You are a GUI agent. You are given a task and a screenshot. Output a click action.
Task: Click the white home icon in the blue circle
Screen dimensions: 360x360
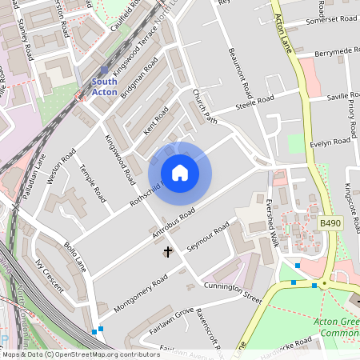tap(180, 173)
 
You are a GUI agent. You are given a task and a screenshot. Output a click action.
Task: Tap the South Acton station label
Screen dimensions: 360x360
tap(104, 86)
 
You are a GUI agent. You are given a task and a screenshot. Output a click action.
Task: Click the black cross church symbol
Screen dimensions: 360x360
tap(168, 252)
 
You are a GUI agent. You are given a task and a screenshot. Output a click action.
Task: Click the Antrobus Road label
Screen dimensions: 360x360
tap(174, 225)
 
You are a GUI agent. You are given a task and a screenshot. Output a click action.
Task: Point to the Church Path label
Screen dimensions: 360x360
tap(205, 106)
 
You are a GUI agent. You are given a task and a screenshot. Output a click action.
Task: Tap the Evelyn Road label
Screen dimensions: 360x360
tap(331, 142)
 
